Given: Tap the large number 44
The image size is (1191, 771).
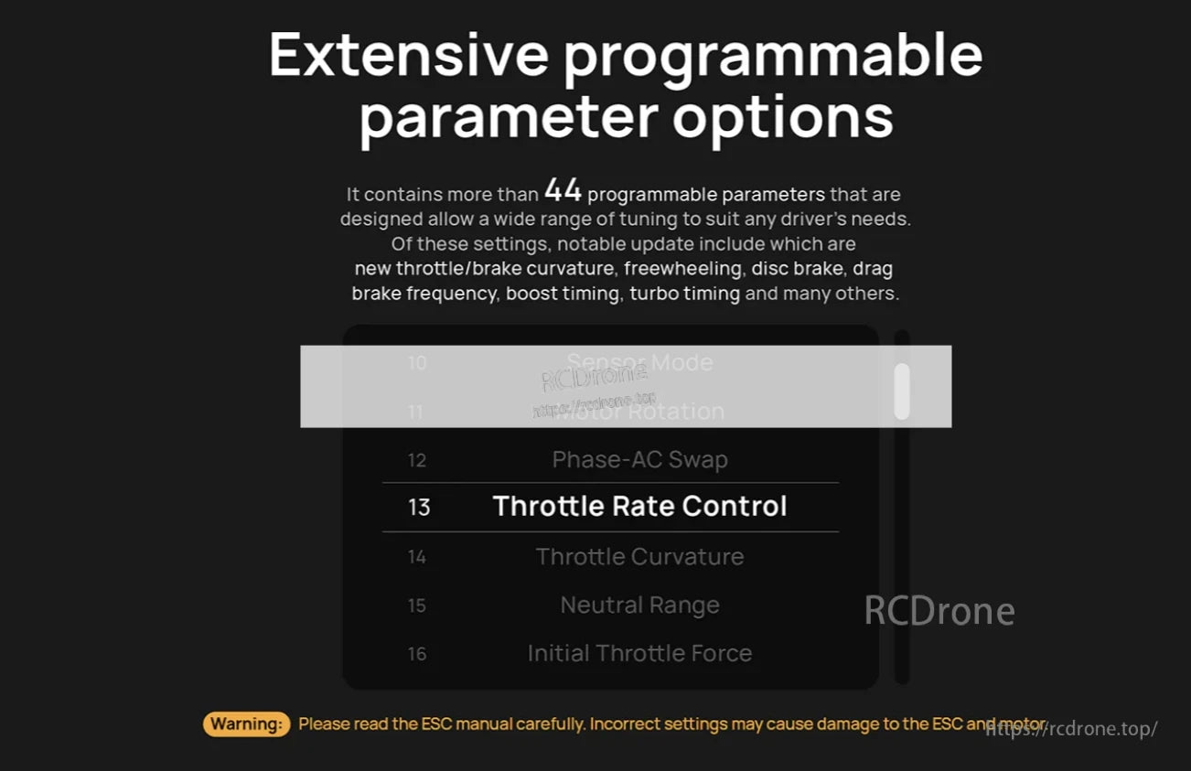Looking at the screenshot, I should click(x=563, y=190).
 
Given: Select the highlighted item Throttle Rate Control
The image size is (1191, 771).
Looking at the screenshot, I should click(x=639, y=507).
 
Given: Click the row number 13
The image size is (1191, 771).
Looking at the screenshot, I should click(x=418, y=508).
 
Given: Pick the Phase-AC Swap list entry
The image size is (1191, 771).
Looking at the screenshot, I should click(x=639, y=459).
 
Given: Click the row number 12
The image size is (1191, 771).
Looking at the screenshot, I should click(x=417, y=460).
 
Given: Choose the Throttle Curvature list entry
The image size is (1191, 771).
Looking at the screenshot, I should click(x=639, y=556).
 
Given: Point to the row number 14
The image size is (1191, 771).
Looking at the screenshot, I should click(x=417, y=557).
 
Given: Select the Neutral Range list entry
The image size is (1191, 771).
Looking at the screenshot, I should click(x=639, y=605).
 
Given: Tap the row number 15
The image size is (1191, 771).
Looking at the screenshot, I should click(x=417, y=605).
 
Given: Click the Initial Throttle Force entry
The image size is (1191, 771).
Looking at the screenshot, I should click(x=639, y=653).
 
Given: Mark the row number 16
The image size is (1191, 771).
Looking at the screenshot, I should click(x=417, y=654).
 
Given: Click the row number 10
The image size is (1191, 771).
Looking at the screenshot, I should click(x=417, y=363).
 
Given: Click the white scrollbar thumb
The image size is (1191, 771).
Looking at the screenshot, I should click(x=902, y=391).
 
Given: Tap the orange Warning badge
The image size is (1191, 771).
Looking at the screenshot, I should click(x=246, y=724).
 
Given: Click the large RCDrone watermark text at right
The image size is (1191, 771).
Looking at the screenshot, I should click(x=939, y=611).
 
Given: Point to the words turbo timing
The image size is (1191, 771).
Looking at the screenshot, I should click(x=684, y=294).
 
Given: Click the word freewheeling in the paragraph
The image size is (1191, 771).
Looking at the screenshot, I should click(x=681, y=269).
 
